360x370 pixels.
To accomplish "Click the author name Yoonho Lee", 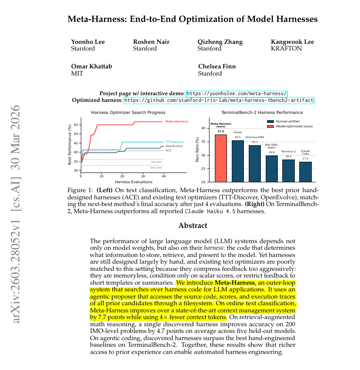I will [x=88, y=42].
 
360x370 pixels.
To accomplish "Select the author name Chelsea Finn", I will [x=217, y=67].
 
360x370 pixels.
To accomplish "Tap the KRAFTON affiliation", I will [x=286, y=49].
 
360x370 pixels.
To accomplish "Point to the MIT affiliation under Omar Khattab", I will [x=77, y=73].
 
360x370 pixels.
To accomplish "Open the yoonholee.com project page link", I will [x=237, y=93].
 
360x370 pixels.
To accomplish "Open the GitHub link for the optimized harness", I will [x=218, y=101].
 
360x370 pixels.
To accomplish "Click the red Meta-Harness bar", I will [x=221, y=158].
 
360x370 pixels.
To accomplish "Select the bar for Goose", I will [x=238, y=161].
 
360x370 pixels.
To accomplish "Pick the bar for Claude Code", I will [x=306, y=172].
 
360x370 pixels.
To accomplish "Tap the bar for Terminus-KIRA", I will [x=255, y=164].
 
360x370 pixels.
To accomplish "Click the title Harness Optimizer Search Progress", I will [x=128, y=113].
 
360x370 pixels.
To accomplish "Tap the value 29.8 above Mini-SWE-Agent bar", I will [x=272, y=152].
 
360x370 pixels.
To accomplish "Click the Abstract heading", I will [x=193, y=226].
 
